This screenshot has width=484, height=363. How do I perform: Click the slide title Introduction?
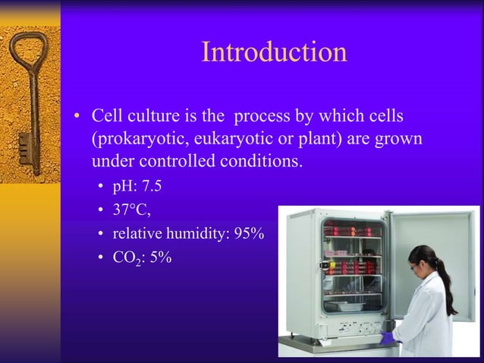(274, 52)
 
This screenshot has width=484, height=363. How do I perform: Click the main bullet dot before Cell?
(77, 118)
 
